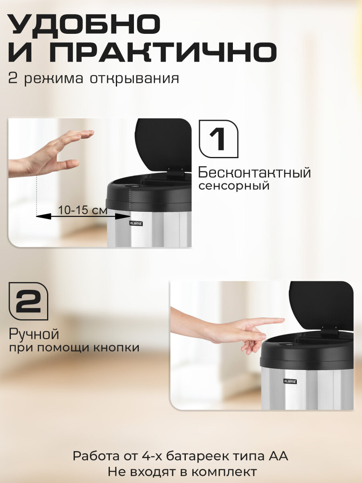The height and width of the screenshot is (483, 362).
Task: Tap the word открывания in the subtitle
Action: click(134, 78)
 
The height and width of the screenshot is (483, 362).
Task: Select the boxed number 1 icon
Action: click(218, 139)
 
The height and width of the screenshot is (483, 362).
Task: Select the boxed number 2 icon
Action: click(28, 301)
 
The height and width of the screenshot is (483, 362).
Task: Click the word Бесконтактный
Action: click(255, 173)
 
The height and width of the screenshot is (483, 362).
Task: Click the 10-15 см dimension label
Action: click(83, 210)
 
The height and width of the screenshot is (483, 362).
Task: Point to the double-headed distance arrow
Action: click(83, 217)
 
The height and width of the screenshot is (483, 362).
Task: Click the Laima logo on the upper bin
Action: click(136, 223)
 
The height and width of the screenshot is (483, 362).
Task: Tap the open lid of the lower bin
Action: click(321, 306)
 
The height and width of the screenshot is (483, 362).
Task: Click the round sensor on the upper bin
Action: click(134, 186)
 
